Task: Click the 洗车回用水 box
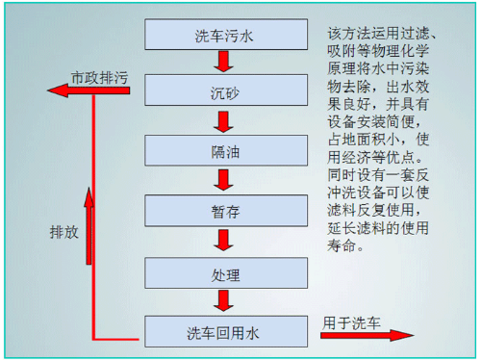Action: coord(222,333)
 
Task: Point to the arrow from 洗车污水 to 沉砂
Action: coord(222,64)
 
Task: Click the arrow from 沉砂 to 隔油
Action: coord(222,122)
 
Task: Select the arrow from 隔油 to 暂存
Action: coord(222,181)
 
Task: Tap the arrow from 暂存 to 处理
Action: coord(222,243)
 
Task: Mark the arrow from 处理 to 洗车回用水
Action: coord(222,302)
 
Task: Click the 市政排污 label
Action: coord(100,75)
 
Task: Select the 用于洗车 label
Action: coord(351,321)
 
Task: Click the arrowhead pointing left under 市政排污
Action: coord(56,91)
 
